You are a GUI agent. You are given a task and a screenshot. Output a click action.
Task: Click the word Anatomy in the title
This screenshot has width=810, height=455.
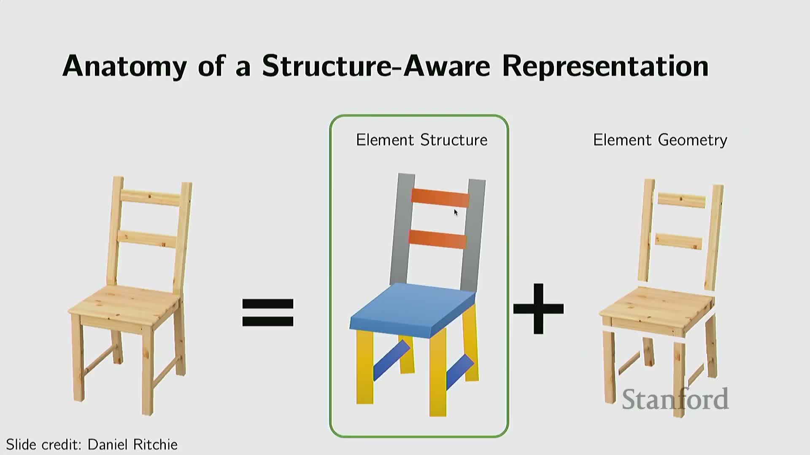pyautogui.click(x=124, y=66)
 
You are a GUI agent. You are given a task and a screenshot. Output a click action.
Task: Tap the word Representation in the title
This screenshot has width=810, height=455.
pyautogui.click(x=605, y=66)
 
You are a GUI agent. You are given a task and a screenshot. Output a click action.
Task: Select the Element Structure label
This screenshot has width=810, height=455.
pyautogui.click(x=421, y=140)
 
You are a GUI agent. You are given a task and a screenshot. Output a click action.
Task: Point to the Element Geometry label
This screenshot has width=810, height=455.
pyautogui.click(x=660, y=140)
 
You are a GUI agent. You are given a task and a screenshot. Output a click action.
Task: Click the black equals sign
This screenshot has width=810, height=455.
pyautogui.click(x=267, y=313)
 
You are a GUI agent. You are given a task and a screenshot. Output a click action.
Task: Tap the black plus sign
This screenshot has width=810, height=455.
pyautogui.click(x=538, y=308)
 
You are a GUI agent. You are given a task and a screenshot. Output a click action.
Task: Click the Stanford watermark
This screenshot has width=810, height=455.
pyautogui.click(x=675, y=399)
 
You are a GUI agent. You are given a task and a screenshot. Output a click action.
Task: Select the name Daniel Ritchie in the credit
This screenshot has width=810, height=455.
pyautogui.click(x=132, y=444)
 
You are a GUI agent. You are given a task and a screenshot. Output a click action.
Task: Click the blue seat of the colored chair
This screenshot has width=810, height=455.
pyautogui.click(x=413, y=310)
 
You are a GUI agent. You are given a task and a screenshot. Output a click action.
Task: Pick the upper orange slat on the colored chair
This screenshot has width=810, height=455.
pyautogui.click(x=440, y=198)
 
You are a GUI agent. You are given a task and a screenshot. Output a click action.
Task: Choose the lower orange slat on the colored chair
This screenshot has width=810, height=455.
pyautogui.click(x=437, y=239)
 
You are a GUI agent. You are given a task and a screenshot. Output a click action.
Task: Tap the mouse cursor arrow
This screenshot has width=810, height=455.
pyautogui.click(x=456, y=212)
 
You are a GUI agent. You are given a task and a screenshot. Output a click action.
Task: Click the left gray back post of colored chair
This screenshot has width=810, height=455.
pyautogui.click(x=402, y=230)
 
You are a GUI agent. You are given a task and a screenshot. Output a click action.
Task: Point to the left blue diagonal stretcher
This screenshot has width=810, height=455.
pyautogui.click(x=391, y=360)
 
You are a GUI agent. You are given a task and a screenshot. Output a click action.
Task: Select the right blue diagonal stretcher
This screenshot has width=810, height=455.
pyautogui.click(x=460, y=372)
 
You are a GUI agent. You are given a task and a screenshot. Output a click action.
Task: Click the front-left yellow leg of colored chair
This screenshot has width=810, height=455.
pyautogui.click(x=365, y=367)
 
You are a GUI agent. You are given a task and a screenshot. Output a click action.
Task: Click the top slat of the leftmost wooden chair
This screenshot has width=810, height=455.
pyautogui.click(x=151, y=198)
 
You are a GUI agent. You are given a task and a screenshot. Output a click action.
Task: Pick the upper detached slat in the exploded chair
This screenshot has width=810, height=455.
pyautogui.click(x=681, y=201)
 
